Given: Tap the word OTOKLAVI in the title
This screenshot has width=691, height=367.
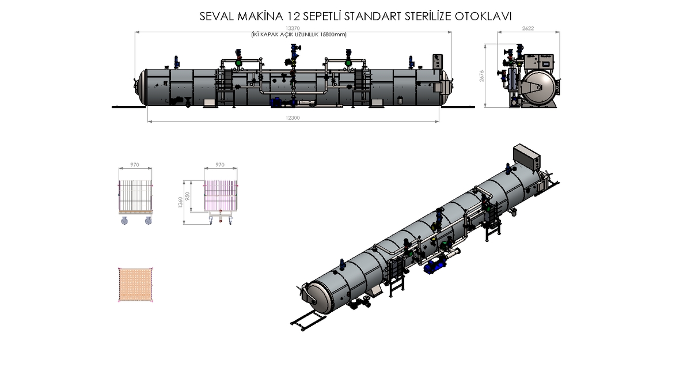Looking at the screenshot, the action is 483,16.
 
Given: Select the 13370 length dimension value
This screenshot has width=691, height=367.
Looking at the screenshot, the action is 293,28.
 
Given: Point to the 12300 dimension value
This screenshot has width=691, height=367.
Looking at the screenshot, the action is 293,118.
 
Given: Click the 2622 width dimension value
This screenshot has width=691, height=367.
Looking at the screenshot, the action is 528,28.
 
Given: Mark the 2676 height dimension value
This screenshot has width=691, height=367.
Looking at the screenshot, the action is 481,76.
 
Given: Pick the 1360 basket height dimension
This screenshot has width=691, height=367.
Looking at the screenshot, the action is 180,202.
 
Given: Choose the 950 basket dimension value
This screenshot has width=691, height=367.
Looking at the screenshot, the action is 187,196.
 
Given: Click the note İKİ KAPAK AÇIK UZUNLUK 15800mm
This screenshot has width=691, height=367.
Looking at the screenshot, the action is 299,35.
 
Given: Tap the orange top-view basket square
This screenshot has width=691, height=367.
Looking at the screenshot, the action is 135,285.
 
